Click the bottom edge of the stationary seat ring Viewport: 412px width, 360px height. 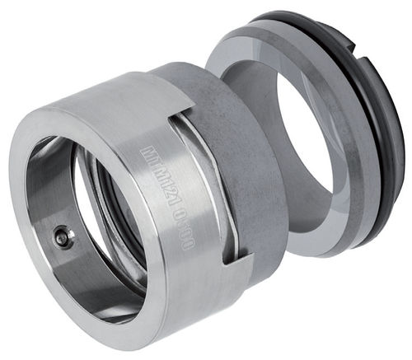[321, 251]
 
